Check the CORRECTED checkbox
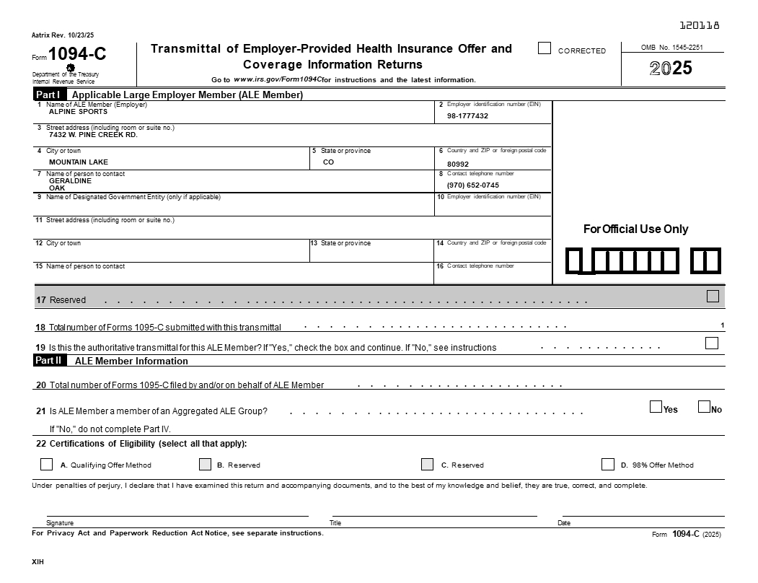point(545,48)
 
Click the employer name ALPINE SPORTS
point(78,112)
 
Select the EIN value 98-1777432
point(467,116)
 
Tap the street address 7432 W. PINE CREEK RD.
point(93,135)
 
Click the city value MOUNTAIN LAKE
point(79,162)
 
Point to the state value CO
point(328,162)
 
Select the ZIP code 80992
point(457,164)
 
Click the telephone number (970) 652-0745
point(472,185)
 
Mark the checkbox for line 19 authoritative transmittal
point(712,343)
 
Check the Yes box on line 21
point(656,407)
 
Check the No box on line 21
point(704,407)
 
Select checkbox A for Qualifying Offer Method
point(47,464)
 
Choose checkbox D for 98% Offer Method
point(608,464)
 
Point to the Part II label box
point(50,360)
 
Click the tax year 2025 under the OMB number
point(671,69)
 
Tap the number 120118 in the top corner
point(700,26)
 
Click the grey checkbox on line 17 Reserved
point(713,296)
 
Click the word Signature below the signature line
point(60,522)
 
